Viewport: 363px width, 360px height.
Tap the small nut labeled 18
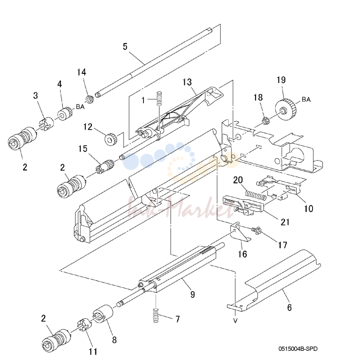(264, 120)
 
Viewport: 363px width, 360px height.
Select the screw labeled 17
(256, 230)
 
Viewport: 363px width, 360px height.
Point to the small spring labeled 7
(156, 315)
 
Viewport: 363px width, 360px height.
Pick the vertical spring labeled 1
(159, 99)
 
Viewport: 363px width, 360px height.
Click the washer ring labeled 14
(89, 100)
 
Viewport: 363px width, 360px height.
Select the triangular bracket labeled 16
(239, 233)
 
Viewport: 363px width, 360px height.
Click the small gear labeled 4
(65, 114)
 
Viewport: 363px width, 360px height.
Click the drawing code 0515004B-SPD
(298, 348)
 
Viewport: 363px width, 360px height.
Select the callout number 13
(187, 82)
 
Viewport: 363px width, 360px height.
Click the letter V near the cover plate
(235, 321)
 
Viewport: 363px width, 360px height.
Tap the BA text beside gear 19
(306, 99)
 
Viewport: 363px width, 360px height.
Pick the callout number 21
(285, 222)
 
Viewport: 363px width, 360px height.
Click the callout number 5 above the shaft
(125, 46)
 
